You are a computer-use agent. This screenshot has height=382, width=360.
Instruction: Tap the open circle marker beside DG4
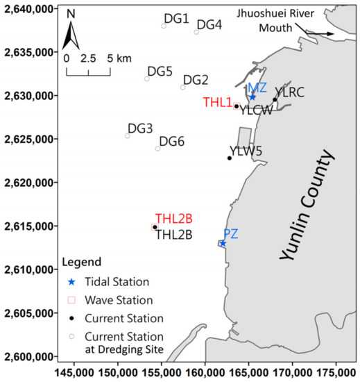[196, 32]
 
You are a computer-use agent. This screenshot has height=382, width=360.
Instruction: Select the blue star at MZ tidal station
[252, 97]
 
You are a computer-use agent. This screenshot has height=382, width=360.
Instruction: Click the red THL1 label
[217, 102]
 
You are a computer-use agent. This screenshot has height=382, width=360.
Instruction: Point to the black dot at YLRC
[275, 100]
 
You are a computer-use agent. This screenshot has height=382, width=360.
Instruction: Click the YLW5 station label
[244, 151]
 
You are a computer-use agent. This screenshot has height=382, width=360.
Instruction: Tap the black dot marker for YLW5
[230, 158]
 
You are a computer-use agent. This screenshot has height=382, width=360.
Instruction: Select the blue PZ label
[231, 233]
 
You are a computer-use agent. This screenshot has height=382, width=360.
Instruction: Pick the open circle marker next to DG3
[127, 135]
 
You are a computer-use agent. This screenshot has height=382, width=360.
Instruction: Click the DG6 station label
[172, 142]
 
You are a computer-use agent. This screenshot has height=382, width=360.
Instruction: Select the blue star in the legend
[66, 281]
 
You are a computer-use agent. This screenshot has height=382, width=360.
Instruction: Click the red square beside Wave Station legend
[66, 300]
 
